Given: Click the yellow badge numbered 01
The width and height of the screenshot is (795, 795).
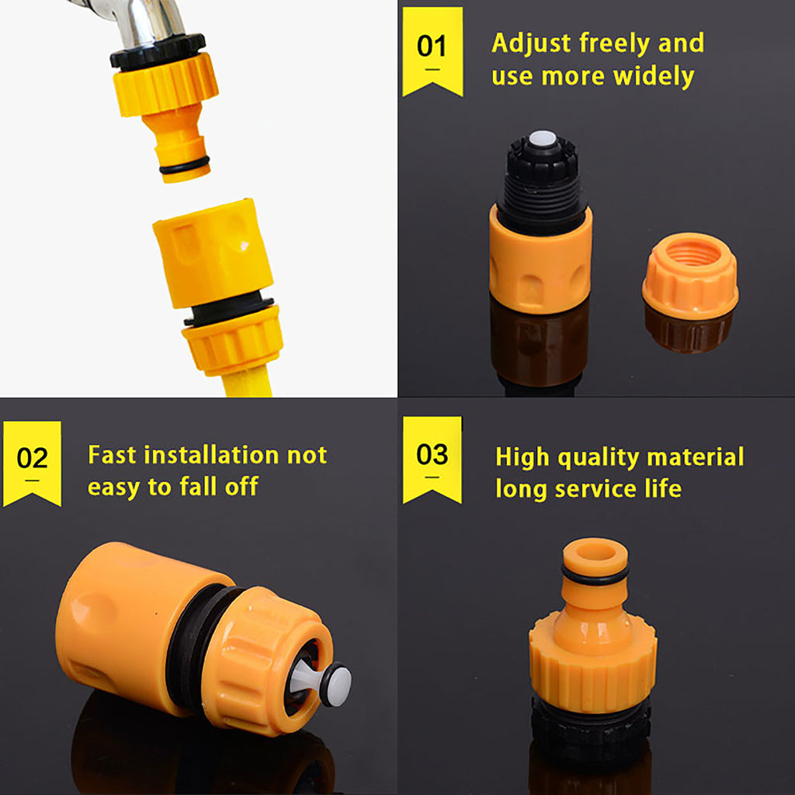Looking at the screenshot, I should (x=432, y=50).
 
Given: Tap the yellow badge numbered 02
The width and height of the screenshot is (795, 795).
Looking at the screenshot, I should (x=32, y=463).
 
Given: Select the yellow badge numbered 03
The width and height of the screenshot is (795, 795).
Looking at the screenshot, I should (x=432, y=458).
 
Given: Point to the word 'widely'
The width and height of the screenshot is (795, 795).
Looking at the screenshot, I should (x=653, y=77).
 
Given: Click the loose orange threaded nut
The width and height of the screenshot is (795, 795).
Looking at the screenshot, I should (x=689, y=276).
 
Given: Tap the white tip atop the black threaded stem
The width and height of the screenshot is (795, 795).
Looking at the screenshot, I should (x=543, y=139).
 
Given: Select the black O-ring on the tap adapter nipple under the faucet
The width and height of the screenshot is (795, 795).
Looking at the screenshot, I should (x=184, y=165).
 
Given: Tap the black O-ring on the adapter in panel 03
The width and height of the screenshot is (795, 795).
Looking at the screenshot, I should (x=595, y=575).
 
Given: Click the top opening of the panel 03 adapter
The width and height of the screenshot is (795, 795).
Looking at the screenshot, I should (x=595, y=552).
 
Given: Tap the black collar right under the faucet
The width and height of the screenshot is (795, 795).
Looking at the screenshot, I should (x=157, y=50).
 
